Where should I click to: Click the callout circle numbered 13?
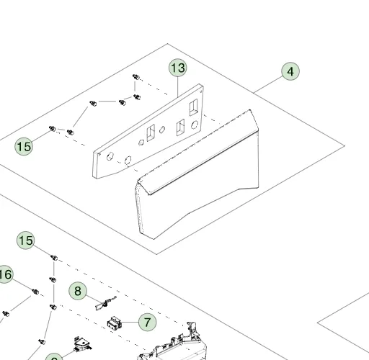178,68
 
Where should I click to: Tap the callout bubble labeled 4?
290,71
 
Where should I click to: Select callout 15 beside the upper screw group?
24,146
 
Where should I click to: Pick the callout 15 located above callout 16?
26,240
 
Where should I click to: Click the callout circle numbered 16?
4,274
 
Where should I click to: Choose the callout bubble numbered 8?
78,291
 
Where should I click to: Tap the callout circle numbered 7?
147,322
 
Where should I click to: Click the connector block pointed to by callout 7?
115,323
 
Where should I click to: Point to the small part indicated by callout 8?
106,303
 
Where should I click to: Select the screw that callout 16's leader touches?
35,292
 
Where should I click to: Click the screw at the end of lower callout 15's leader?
54,258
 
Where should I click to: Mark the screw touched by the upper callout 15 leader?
52,129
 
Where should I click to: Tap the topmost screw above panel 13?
136,77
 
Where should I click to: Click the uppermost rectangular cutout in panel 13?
193,107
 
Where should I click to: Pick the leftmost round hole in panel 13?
110,156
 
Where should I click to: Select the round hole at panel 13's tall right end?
195,125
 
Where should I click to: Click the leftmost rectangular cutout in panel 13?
151,132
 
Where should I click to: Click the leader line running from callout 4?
268,84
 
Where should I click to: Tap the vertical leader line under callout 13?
178,87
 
